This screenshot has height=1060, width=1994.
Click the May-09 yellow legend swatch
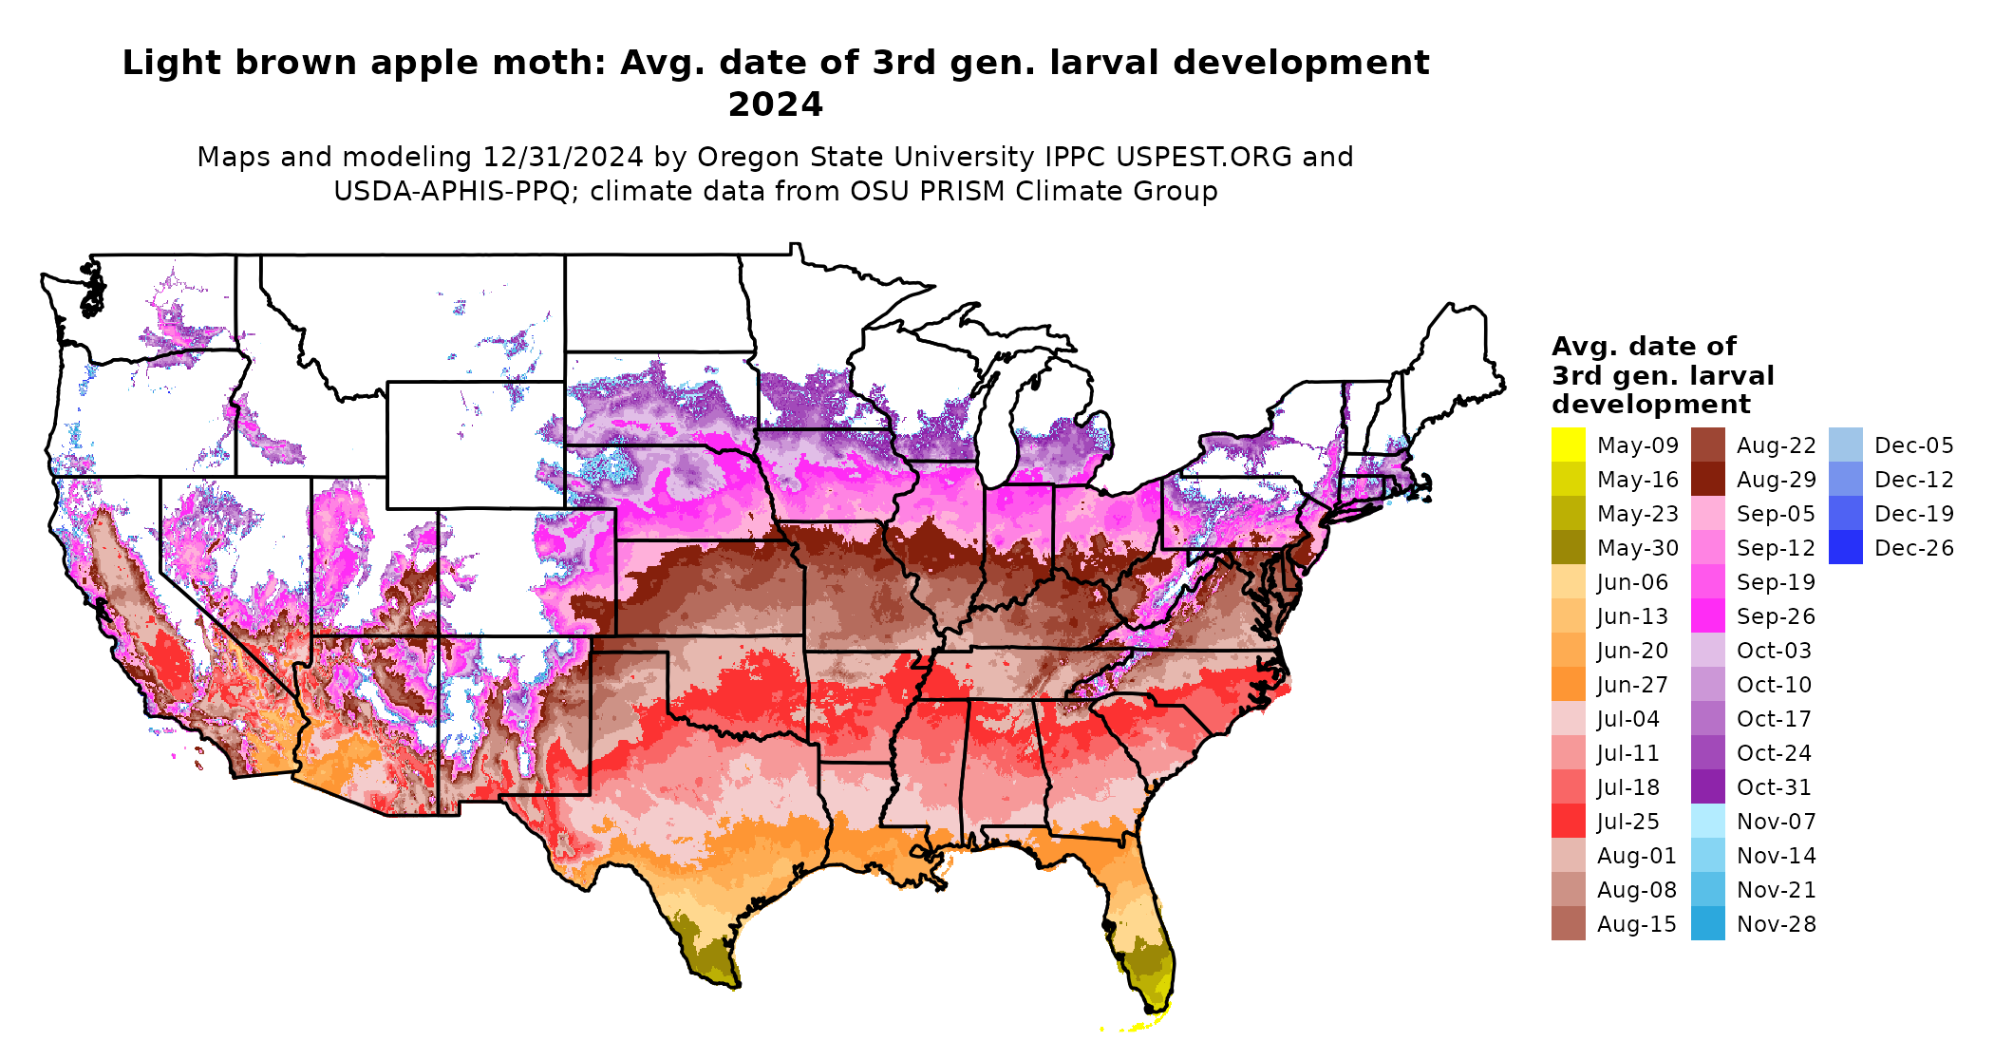click(x=1568, y=445)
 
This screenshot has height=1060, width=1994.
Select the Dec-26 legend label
click(x=1913, y=548)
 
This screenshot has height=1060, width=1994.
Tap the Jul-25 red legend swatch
click(x=1568, y=822)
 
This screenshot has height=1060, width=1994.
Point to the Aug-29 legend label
click(x=1776, y=480)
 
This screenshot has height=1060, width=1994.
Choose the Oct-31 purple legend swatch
click(x=1707, y=787)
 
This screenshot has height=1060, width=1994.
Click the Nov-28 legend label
click(x=1776, y=924)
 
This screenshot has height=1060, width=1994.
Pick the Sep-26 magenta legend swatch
click(x=1707, y=616)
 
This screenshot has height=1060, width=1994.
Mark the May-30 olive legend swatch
click(x=1568, y=548)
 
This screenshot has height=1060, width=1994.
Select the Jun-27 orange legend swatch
click(x=1568, y=685)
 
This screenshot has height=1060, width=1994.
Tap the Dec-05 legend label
click(x=1913, y=445)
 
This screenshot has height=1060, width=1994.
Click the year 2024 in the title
click(x=775, y=104)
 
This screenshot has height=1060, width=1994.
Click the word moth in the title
click(x=562, y=63)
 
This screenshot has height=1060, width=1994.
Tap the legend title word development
click(x=1650, y=405)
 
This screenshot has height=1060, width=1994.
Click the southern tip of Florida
click(x=1155, y=1011)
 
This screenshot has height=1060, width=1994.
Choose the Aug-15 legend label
click(x=1636, y=924)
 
